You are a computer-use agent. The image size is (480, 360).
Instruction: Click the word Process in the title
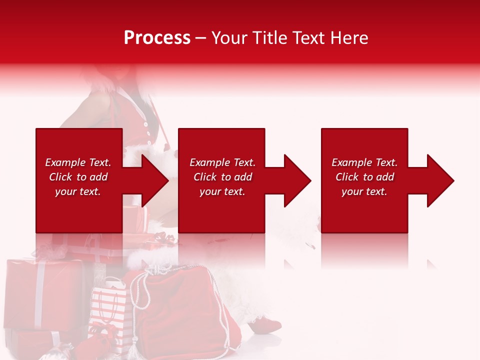point(157,38)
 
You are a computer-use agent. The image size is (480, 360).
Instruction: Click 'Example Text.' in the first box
point(78,162)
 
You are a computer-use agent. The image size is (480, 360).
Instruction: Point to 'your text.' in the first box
point(78,191)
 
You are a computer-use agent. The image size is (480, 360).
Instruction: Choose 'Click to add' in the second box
point(222,177)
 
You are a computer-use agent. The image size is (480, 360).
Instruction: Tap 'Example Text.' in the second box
point(222,162)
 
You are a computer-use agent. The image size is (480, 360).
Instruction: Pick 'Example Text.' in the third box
point(364,162)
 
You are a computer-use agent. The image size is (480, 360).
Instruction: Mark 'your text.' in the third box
point(364,191)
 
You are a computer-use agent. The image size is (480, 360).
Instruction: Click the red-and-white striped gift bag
point(108,310)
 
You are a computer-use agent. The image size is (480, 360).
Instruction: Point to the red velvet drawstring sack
point(180,310)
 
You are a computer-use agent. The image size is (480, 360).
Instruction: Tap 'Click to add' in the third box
point(364,177)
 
